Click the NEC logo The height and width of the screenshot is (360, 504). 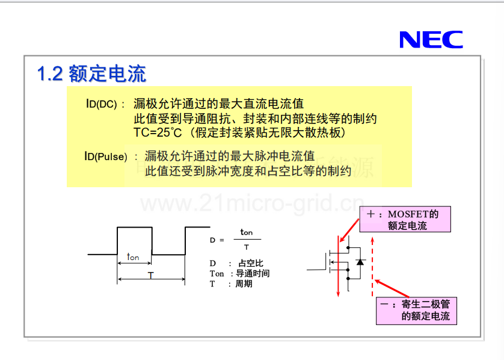pos(431,40)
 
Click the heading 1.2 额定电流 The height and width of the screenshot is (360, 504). pos(91,73)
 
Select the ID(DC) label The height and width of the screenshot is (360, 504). pos(101,104)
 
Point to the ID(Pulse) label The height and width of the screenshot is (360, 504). pos(106,157)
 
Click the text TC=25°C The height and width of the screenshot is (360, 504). pos(158,132)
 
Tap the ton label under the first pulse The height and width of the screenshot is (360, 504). pos(133,256)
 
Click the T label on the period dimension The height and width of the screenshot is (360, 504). pos(151,275)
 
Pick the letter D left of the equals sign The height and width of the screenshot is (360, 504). pos(212,240)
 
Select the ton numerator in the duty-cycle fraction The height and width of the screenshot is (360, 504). pos(247,232)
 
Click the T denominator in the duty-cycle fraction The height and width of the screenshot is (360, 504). pos(247,247)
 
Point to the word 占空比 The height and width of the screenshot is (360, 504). pos(251,263)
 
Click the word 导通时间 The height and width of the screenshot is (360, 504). pos(253,273)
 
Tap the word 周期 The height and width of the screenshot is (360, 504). pos(244,284)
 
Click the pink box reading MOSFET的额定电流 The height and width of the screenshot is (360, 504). pos(405,219)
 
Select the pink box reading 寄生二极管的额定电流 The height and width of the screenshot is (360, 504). pos(416,311)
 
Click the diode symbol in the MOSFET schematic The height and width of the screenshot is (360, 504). pos(360,262)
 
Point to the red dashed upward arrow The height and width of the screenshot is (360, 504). pos(372,267)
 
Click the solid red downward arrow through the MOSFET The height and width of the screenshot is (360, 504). pos(338,266)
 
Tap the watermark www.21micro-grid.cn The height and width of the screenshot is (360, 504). pos(253,203)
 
